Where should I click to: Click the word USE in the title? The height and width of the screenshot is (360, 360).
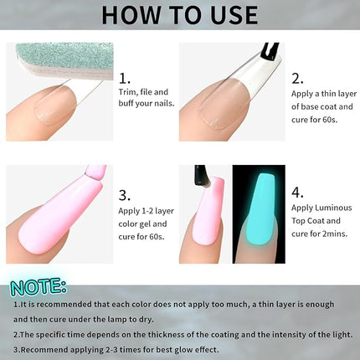(x=230, y=16)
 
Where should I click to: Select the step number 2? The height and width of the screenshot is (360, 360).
(x=297, y=78)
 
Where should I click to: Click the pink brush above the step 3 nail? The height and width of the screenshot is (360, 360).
(x=94, y=177)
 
